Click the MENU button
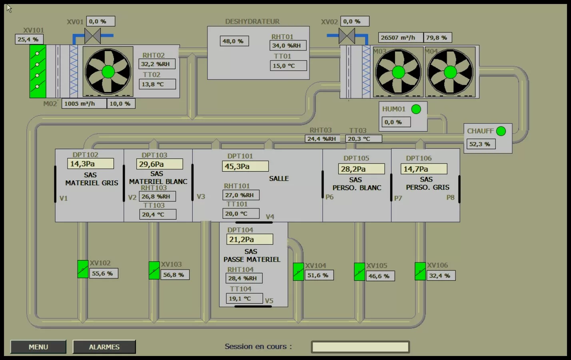coord(38,347)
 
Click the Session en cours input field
coord(360,347)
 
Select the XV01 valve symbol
coord(92,36)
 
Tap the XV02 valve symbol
coord(347,36)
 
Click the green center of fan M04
coord(450,72)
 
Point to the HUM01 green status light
coord(416,109)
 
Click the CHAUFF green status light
coord(501,131)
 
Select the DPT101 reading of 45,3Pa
coord(245,166)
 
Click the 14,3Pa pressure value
coord(90,164)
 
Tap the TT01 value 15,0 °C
coord(288,66)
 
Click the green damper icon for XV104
coord(298,272)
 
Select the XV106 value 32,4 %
coord(441,276)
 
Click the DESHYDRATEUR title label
coord(252,22)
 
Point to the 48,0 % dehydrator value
coord(234,41)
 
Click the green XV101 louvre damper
coord(38,71)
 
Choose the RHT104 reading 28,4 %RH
coord(244,278)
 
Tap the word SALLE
coord(279,178)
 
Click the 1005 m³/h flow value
coord(84,104)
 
